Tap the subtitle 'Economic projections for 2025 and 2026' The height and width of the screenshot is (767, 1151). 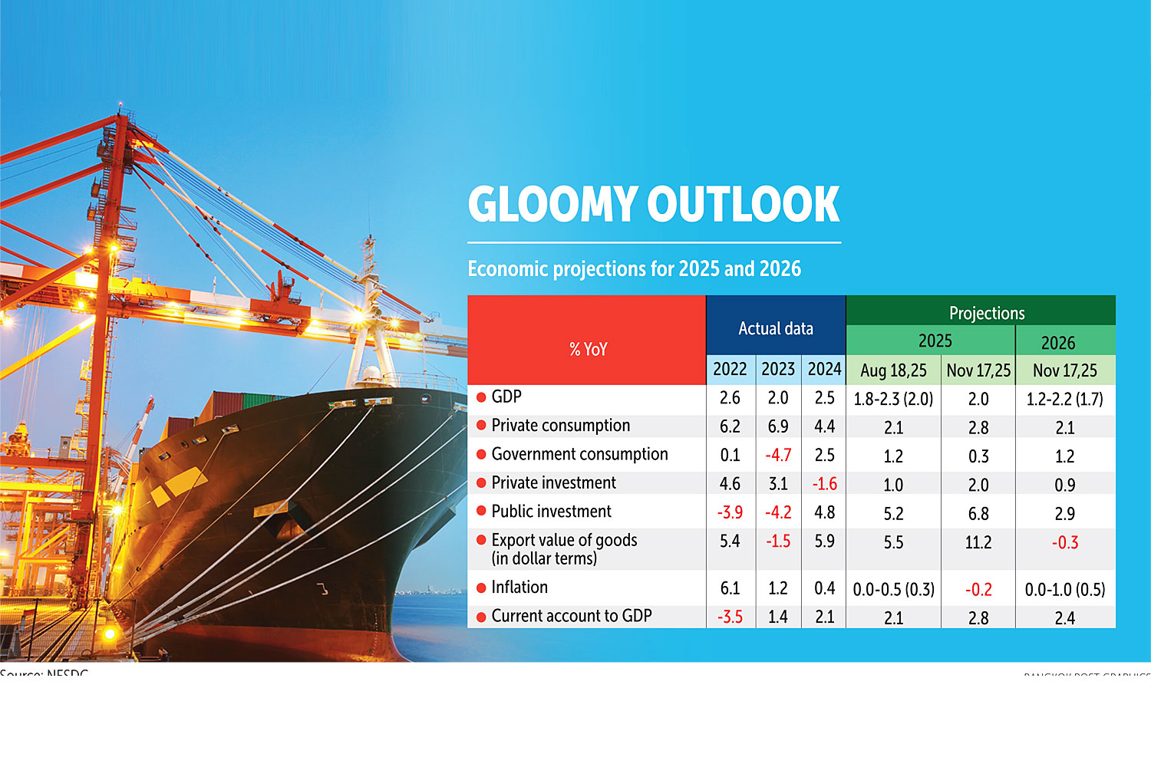tap(634, 269)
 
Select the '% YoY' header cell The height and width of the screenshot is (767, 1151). tap(588, 350)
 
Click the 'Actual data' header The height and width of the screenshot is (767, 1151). tap(775, 329)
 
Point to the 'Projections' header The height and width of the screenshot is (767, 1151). tap(986, 313)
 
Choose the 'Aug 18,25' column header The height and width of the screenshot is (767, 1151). tap(893, 371)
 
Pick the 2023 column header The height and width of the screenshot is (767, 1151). tap(777, 370)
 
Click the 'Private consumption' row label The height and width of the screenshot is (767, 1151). tap(560, 426)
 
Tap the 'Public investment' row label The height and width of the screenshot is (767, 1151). tap(551, 512)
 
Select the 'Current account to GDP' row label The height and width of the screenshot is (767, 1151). tap(571, 616)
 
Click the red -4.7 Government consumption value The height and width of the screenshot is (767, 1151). tap(777, 456)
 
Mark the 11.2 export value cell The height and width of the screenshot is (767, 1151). tap(978, 543)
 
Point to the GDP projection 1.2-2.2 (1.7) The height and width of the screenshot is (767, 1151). tap(1064, 400)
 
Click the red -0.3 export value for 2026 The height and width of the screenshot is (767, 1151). tap(1064, 543)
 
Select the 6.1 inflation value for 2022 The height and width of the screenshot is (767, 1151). tap(730, 588)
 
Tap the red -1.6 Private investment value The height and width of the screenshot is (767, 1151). tap(824, 485)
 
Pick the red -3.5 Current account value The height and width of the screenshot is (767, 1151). tap(730, 617)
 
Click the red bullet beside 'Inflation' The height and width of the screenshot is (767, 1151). tap(481, 588)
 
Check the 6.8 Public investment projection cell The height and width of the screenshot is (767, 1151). tap(978, 514)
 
